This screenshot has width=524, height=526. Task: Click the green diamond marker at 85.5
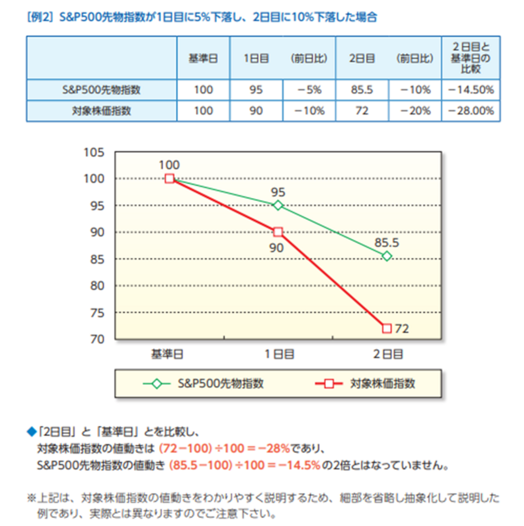click(387, 256)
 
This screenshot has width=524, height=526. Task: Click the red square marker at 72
click(387, 328)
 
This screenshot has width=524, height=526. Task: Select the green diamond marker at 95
click(278, 205)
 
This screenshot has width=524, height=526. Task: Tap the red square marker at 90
click(278, 232)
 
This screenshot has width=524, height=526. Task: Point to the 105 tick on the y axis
click(94, 152)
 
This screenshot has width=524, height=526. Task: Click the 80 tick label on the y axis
click(97, 286)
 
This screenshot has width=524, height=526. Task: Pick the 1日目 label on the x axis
click(279, 354)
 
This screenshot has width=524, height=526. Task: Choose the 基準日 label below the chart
click(167, 354)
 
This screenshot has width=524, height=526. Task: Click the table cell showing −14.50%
click(471, 89)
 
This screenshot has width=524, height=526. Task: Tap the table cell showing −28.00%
click(471, 111)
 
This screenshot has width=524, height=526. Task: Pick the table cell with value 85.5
click(362, 89)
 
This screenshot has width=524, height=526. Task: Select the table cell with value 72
click(362, 111)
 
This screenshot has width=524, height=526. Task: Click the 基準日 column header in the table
click(203, 58)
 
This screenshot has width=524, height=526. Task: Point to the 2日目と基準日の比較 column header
click(470, 58)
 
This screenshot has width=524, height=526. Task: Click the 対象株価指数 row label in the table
click(102, 111)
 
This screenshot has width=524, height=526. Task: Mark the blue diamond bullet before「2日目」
click(31, 432)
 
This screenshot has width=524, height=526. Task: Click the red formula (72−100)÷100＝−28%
click(224, 449)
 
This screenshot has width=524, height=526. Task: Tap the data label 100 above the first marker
click(169, 165)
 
